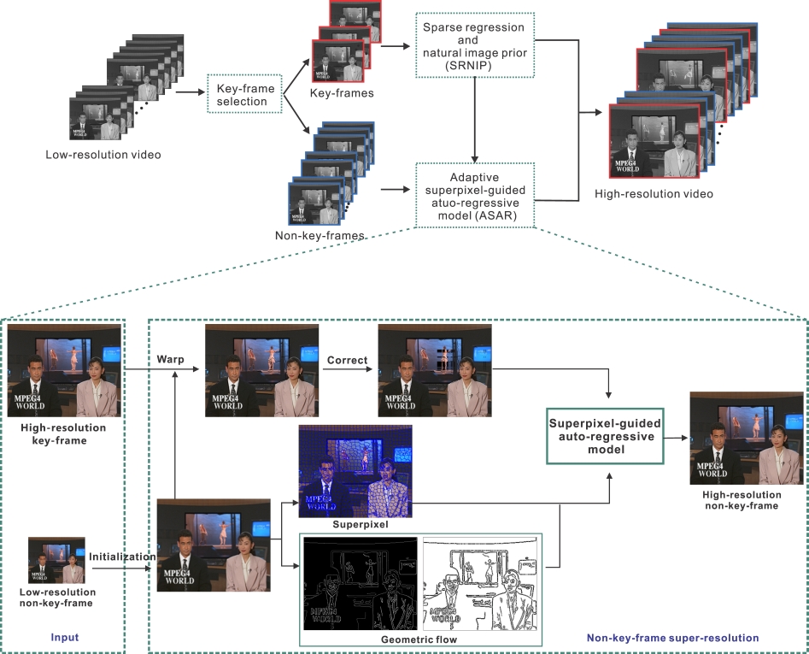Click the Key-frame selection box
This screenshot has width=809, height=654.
tap(243, 94)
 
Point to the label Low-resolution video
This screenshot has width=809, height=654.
tap(103, 155)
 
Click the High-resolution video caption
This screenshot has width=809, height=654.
tap(654, 194)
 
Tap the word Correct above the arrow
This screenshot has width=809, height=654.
tap(348, 360)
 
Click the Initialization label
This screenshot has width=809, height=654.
tap(122, 556)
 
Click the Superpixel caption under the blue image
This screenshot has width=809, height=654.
tap(355, 524)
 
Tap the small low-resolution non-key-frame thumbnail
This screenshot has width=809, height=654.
tap(56, 559)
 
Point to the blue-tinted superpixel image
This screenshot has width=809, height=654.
tap(355, 470)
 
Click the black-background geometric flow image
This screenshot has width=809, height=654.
tap(361, 583)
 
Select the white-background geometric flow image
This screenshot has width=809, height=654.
tap(480, 583)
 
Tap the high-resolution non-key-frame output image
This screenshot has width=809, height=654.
tap(742, 439)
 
